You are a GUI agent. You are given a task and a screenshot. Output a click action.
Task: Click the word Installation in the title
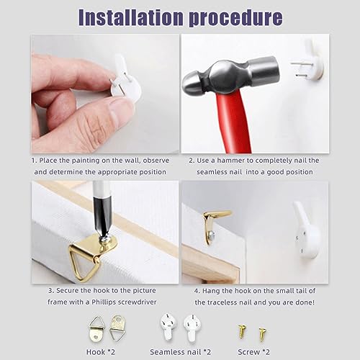tap(130, 17)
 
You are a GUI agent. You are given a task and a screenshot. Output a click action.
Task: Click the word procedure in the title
tap(236, 18)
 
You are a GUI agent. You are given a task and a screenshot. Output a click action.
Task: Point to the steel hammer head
tap(231, 75)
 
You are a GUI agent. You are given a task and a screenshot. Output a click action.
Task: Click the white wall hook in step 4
tap(307, 232)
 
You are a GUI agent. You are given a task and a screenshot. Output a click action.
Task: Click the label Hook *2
tap(101, 352)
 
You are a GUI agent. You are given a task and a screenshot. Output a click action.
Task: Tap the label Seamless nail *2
tap(181, 352)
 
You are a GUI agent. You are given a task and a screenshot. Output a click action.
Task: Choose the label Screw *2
tap(253, 352)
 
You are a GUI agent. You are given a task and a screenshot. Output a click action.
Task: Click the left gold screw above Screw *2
tap(242, 331)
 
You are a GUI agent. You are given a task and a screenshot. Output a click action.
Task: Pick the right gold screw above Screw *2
tap(263, 335)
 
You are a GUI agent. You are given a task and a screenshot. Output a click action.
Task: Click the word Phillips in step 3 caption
tap(104, 302)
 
